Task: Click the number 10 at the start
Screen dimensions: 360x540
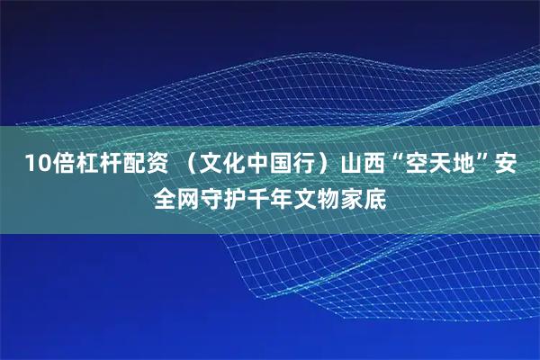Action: click(x=36, y=164)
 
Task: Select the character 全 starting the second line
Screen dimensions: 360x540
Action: click(x=166, y=195)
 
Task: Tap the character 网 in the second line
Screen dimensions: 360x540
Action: click(x=189, y=195)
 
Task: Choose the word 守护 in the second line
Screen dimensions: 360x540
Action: click(x=224, y=195)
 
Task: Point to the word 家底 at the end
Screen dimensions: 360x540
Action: click(x=364, y=195)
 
